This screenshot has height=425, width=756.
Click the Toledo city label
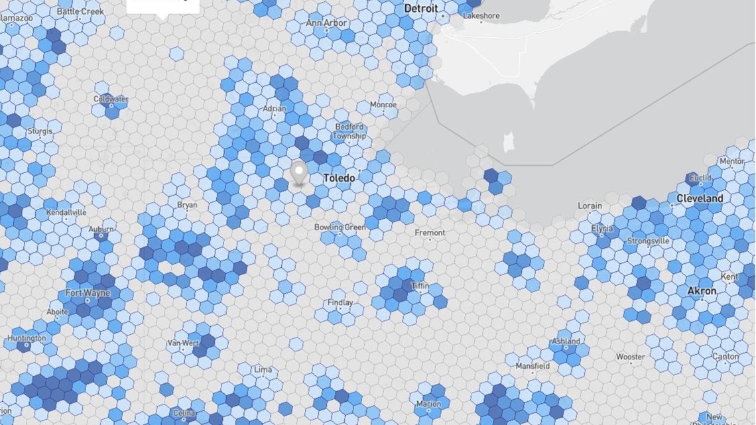click(x=339, y=178)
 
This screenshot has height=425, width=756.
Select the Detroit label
click(x=420, y=9)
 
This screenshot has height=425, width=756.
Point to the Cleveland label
click(x=700, y=198)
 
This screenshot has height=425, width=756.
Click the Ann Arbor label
click(x=326, y=23)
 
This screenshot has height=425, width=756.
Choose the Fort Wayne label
click(x=88, y=293)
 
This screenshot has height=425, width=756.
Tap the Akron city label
click(x=701, y=291)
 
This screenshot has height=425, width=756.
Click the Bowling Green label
click(x=340, y=227)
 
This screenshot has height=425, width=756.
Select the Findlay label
click(x=340, y=303)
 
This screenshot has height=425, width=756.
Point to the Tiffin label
click(x=420, y=286)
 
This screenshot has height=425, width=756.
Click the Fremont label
click(x=430, y=233)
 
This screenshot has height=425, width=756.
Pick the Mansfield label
click(x=533, y=365)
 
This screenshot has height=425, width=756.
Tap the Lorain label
click(x=590, y=206)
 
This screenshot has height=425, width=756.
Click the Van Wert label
click(x=183, y=343)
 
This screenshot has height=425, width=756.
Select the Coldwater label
click(x=110, y=99)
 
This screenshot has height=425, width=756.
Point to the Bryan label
click(x=187, y=205)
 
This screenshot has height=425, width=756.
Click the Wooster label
click(x=630, y=357)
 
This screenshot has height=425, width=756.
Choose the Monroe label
click(x=383, y=105)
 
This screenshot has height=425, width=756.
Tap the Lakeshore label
click(x=481, y=15)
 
